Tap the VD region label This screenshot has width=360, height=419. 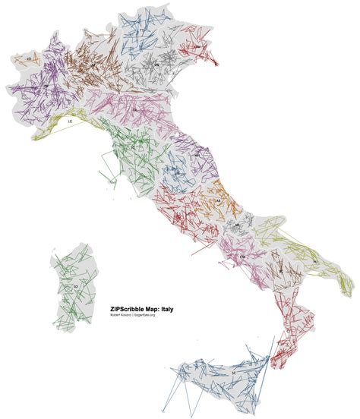[27, 58]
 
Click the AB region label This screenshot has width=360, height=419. [218, 200]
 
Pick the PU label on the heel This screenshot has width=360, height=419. [314, 262]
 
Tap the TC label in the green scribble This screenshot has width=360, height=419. [134, 147]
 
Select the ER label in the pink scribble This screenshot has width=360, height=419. [134, 110]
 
